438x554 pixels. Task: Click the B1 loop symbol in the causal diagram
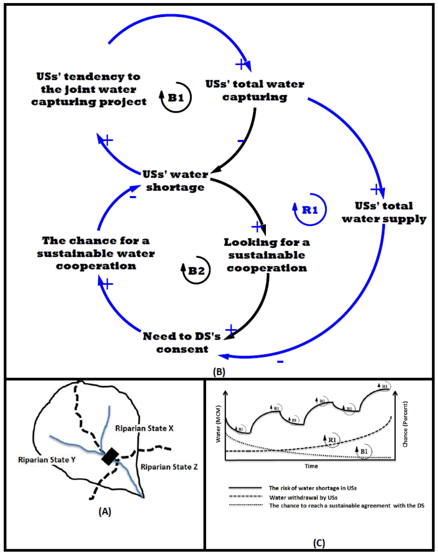(176, 98)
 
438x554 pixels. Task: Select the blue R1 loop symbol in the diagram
(310, 210)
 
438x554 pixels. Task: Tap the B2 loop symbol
(196, 270)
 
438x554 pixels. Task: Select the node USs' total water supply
(384, 212)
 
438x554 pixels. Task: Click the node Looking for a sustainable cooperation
(267, 255)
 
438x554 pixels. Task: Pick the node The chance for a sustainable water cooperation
(96, 253)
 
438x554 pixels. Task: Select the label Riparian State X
(144, 428)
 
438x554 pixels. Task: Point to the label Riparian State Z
(169, 467)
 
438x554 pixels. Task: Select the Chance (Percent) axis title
(405, 424)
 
